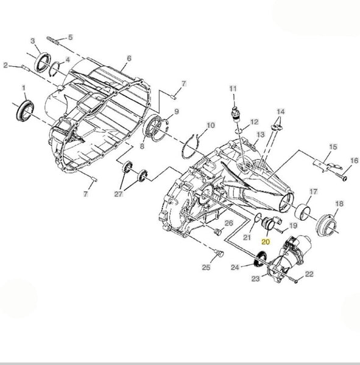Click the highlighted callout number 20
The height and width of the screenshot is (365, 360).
tap(266, 242)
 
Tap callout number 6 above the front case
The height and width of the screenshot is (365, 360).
tap(129, 58)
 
